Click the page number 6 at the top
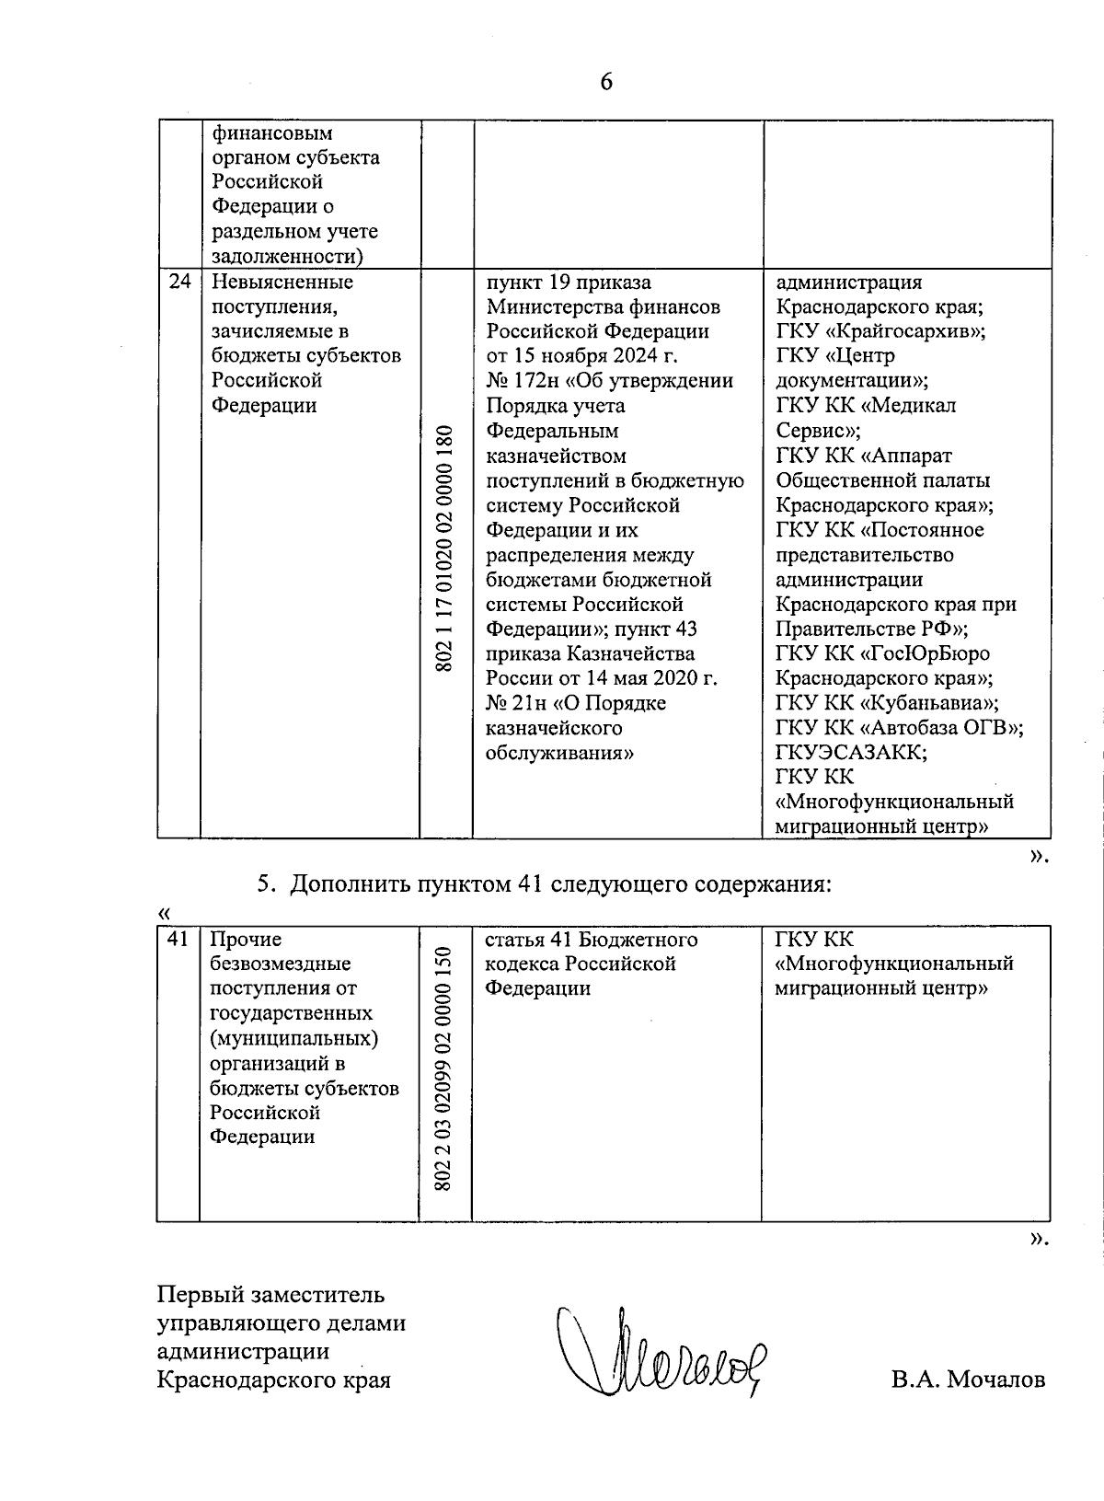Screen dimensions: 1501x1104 coord(606,83)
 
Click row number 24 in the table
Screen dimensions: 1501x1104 coord(179,283)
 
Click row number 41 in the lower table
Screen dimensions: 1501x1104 coord(178,940)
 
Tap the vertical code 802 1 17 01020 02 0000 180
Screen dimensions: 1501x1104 coord(446,548)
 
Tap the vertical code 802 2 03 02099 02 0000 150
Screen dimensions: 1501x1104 coord(445,1069)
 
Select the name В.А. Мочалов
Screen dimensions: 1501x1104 coord(967,1380)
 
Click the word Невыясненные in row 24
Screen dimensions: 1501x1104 coord(282,283)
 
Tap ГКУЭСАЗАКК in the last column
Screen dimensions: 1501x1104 coord(851,753)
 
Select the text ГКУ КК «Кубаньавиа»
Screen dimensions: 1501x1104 coord(887,703)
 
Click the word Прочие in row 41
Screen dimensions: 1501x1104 coord(246,940)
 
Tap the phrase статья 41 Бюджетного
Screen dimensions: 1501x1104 coord(592,940)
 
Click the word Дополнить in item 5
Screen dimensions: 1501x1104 coord(346,885)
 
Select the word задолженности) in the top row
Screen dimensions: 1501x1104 coord(287,256)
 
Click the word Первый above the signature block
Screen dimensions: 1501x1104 coord(199,1295)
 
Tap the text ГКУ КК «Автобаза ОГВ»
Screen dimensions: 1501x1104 coord(899,728)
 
